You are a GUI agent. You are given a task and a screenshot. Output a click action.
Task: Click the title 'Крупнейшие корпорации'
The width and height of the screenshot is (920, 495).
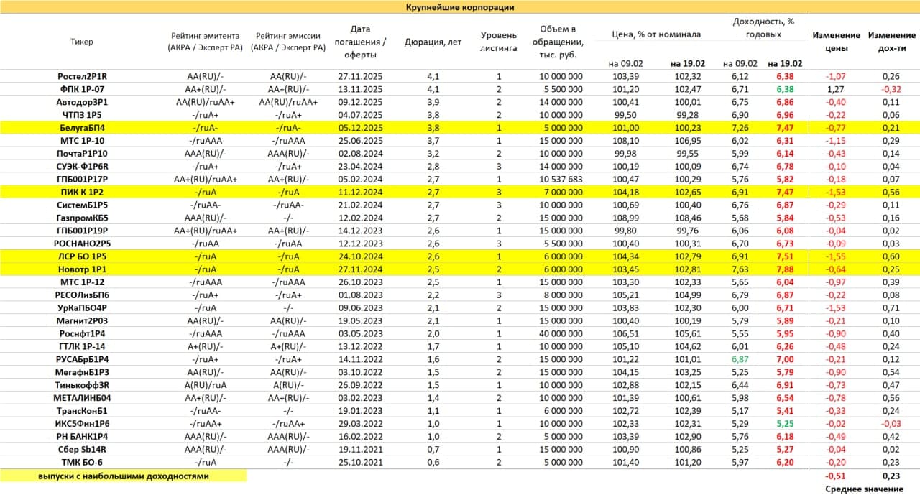coord(460,7)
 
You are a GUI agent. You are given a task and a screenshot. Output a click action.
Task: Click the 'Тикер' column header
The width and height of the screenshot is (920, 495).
coord(82,42)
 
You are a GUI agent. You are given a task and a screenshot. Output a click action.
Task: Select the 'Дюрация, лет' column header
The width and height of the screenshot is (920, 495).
coord(433,42)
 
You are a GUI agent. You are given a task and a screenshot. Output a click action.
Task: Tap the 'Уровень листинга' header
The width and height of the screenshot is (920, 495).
coord(498,42)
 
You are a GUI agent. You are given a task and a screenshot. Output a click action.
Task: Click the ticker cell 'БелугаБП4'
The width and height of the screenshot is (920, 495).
coord(83,127)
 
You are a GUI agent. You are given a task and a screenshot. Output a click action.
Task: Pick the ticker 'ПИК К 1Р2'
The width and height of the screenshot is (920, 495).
coord(83,192)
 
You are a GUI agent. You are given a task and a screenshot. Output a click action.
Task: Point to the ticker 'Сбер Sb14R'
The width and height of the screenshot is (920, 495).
coord(83,449)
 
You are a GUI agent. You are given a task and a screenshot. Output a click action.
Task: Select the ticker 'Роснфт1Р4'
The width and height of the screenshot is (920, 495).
coord(83,333)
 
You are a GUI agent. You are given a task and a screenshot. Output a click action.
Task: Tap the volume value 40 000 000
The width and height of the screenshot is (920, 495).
coord(560,333)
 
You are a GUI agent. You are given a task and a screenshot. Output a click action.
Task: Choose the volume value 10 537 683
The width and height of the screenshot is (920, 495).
coord(560,179)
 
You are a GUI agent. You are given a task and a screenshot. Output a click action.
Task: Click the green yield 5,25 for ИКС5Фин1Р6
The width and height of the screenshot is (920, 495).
coord(784,424)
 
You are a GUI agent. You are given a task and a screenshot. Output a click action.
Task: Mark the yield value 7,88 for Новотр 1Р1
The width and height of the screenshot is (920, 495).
coord(784,269)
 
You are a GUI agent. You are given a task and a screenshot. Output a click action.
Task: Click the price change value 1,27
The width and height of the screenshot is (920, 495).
coord(835,89)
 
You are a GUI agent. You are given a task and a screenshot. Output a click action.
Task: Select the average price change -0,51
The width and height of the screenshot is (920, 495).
coord(835,475)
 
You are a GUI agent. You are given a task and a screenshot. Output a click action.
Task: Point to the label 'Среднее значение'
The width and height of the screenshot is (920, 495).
coord(864,489)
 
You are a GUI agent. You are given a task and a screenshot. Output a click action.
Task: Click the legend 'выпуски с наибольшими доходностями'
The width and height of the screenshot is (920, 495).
coord(124,476)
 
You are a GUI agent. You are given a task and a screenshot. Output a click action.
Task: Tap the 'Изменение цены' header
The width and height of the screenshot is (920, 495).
coord(836,42)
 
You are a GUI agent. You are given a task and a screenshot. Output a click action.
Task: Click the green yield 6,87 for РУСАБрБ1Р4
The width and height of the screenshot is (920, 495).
coord(740,359)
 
